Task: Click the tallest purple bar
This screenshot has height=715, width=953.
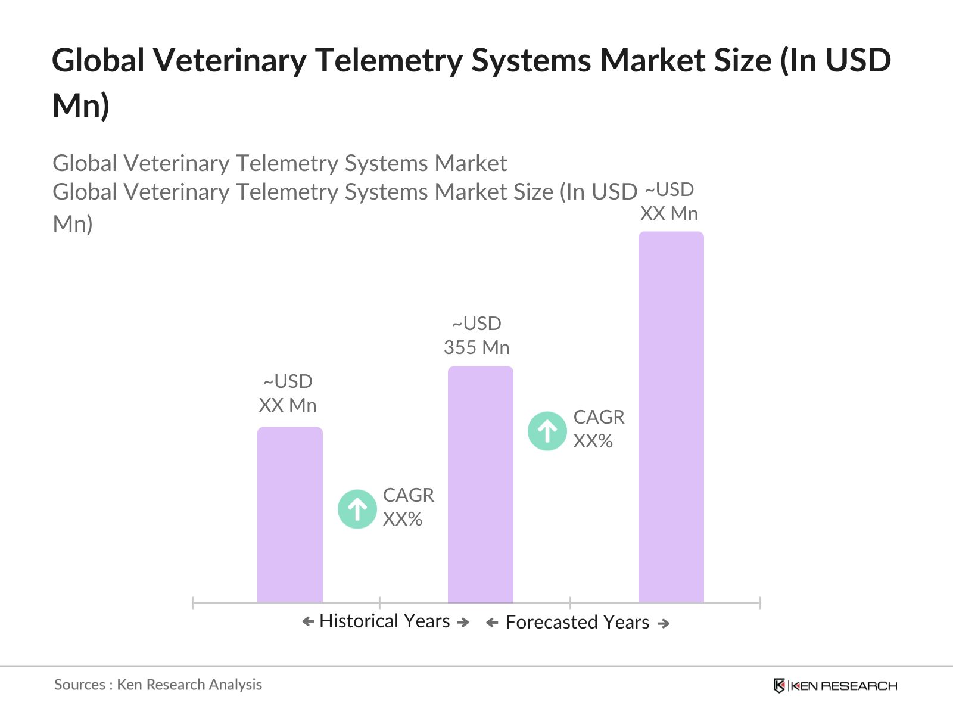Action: (x=671, y=417)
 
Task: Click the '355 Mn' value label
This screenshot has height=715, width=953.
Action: (x=476, y=347)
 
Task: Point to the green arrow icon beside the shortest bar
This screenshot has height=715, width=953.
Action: (x=357, y=509)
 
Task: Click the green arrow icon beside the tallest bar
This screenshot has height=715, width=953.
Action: (x=547, y=431)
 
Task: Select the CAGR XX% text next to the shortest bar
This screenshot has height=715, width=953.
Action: (x=408, y=507)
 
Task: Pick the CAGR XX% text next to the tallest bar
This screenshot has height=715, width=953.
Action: (x=599, y=429)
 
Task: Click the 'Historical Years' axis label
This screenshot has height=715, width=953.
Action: (x=384, y=621)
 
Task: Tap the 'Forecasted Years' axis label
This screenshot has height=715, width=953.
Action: (x=577, y=622)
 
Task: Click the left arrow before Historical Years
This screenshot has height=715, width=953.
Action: (x=308, y=622)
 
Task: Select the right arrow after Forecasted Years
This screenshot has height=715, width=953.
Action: (x=663, y=623)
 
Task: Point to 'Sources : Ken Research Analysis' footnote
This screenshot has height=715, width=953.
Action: (x=158, y=685)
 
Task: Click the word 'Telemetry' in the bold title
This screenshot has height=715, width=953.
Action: (x=388, y=61)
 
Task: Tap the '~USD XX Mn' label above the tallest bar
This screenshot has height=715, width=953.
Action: (x=669, y=201)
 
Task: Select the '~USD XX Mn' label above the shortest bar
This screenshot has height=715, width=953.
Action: (x=288, y=393)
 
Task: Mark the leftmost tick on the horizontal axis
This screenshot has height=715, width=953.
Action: (x=193, y=603)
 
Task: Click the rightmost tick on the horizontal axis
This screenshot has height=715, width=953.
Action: (x=760, y=603)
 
